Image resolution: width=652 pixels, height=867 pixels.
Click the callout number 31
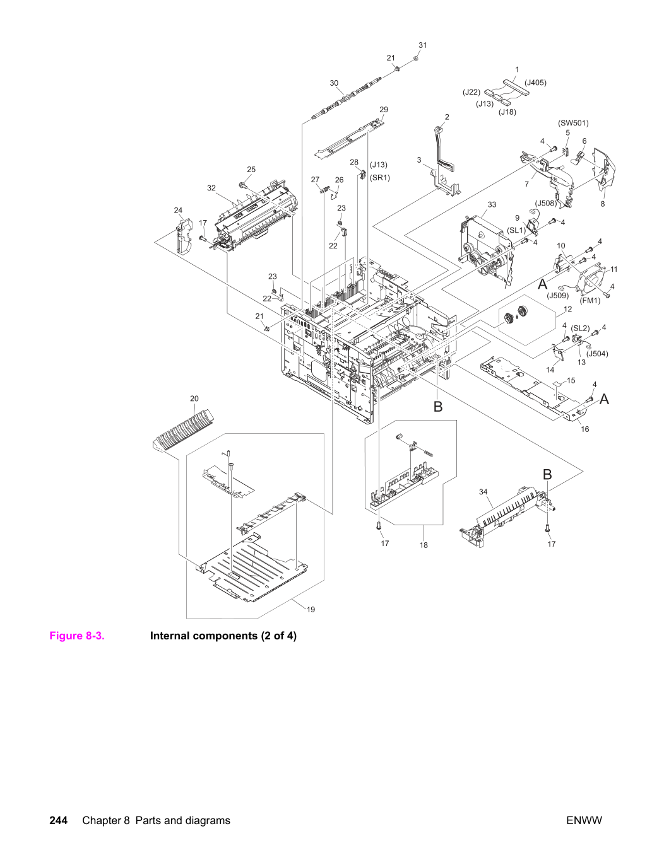[x=423, y=45]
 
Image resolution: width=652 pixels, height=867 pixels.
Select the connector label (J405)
[x=535, y=83]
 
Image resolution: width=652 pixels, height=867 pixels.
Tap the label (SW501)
[x=573, y=123]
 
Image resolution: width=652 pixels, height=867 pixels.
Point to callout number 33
[x=492, y=204]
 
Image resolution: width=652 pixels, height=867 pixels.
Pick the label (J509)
[x=558, y=296]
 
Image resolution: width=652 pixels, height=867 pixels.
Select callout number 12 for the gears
[x=568, y=309]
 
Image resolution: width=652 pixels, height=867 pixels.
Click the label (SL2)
[x=580, y=329]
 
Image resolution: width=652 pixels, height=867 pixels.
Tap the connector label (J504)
[x=597, y=354]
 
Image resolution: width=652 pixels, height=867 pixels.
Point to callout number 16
[x=585, y=429]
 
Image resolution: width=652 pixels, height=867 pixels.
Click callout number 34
[x=483, y=492]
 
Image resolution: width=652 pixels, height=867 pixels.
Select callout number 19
[x=311, y=610]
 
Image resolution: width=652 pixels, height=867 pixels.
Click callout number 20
[x=194, y=399]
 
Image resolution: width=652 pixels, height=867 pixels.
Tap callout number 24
[x=179, y=210]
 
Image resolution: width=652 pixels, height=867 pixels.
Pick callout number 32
[x=211, y=188]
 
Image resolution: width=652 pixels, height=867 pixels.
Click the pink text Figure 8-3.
[x=77, y=636]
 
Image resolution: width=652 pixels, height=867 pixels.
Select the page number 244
[x=59, y=820]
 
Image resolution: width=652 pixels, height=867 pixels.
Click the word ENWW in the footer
[x=584, y=820]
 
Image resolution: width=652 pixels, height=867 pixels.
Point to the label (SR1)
[x=379, y=178]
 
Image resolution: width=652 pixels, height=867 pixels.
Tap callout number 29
[x=384, y=110]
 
